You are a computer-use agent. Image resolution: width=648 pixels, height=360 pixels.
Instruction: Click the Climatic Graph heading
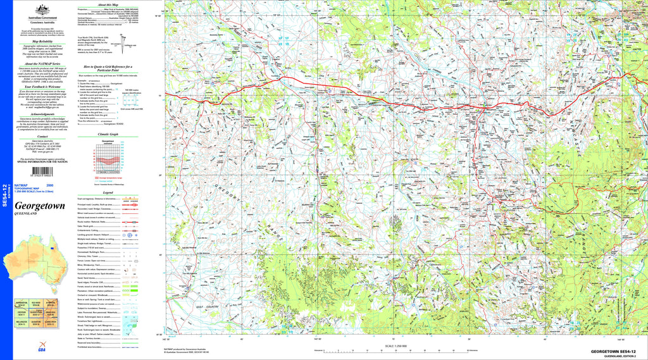point(108,134)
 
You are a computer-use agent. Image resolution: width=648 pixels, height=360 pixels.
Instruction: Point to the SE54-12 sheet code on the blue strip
point(6,196)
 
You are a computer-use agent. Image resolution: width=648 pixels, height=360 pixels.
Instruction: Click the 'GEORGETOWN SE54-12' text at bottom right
point(612,351)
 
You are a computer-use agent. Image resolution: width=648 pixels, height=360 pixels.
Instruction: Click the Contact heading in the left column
point(43,136)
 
